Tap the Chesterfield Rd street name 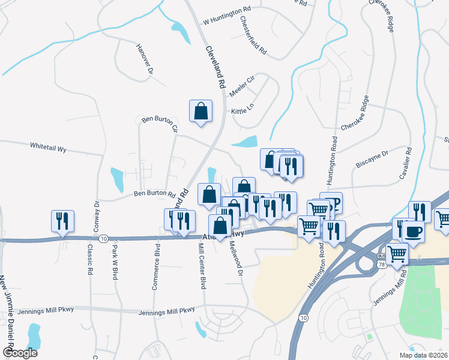[253, 36]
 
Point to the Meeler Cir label [243, 86]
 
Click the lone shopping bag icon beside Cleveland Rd [200, 112]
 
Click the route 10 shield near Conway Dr [104, 238]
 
